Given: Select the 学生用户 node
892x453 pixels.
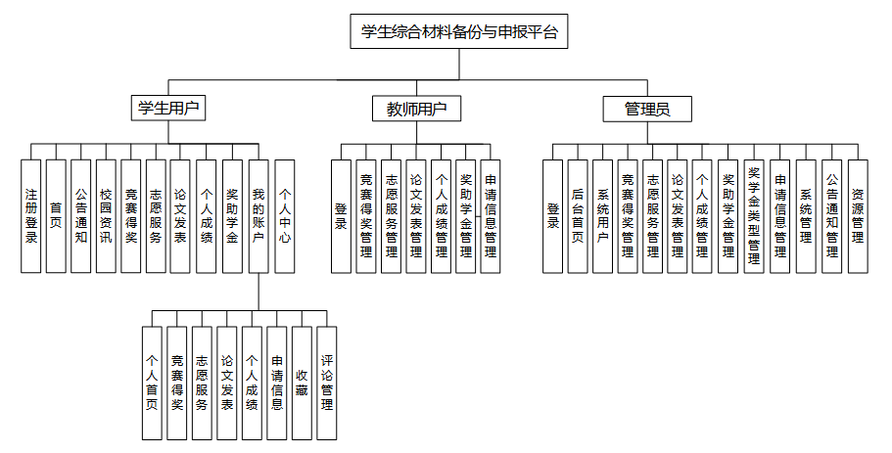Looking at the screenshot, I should point(168,108).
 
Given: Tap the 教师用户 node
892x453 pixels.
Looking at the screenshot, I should point(416,109).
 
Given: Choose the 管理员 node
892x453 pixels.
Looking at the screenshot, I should point(647,109).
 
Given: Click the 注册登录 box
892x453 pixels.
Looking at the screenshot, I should point(31,215).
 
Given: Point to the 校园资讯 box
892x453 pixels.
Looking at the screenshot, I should point(106,215).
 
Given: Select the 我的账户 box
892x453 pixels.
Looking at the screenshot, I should point(258,215).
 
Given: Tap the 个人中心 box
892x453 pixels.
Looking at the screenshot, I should point(285,215).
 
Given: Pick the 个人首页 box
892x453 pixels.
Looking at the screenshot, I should point(152,383).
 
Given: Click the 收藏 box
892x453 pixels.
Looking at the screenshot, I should point(302,383).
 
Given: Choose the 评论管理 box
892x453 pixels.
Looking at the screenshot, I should point(327,383).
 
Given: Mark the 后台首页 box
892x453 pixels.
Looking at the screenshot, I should point(578,215).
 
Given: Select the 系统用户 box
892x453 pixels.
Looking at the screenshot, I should point(602,215).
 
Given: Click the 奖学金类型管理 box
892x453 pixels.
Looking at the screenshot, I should point(754,215).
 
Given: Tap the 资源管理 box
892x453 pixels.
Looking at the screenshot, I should point(857,215).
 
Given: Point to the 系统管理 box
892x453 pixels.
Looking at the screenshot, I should point(806,215).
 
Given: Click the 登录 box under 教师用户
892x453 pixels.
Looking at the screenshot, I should point(340,215).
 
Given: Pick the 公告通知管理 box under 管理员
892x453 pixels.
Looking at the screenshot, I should point(831,215).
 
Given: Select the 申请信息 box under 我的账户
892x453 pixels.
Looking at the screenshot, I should point(277,383).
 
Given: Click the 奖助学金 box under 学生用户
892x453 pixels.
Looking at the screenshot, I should point(232,215).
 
